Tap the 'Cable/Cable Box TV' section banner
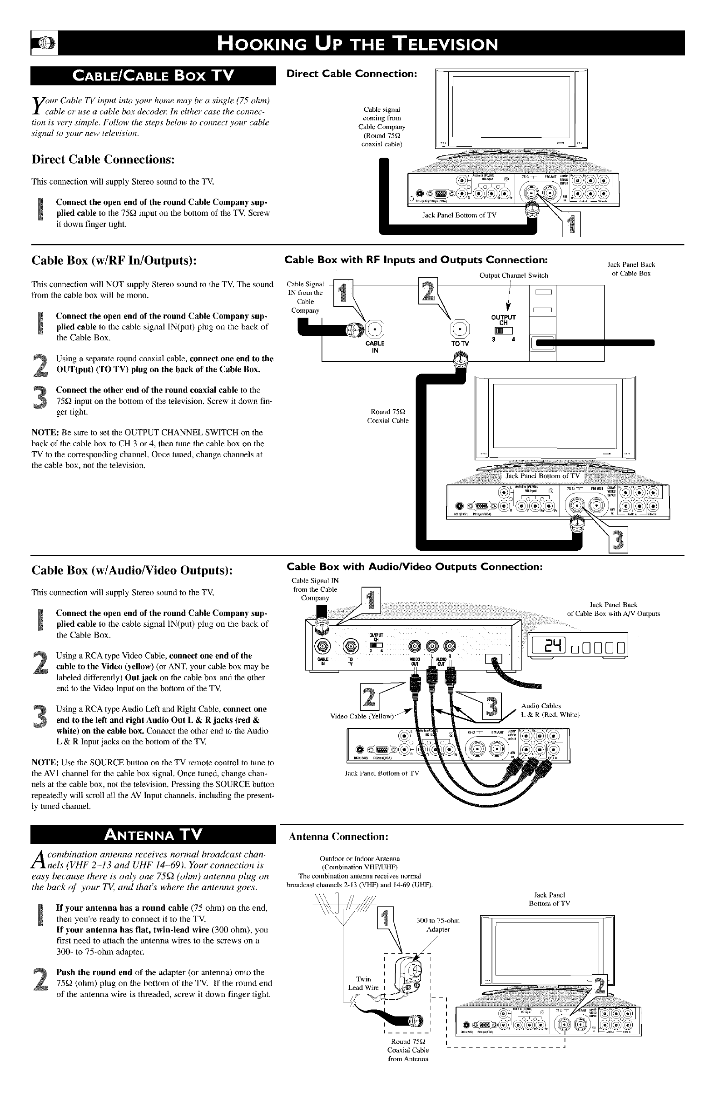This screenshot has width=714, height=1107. [x=153, y=75]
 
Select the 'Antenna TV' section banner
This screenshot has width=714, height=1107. [x=153, y=835]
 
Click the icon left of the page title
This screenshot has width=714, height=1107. [x=44, y=43]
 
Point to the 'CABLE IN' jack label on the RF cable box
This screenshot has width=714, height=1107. [x=375, y=347]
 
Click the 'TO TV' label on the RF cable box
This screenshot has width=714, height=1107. [x=460, y=344]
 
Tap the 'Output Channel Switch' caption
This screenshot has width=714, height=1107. [x=513, y=275]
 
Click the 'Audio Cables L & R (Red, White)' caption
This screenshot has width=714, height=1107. [x=550, y=710]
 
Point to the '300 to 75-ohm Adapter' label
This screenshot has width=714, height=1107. [x=438, y=925]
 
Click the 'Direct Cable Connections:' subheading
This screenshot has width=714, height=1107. [x=103, y=160]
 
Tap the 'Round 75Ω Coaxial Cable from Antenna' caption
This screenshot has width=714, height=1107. [x=408, y=1050]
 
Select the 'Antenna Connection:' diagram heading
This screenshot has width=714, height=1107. [x=338, y=837]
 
